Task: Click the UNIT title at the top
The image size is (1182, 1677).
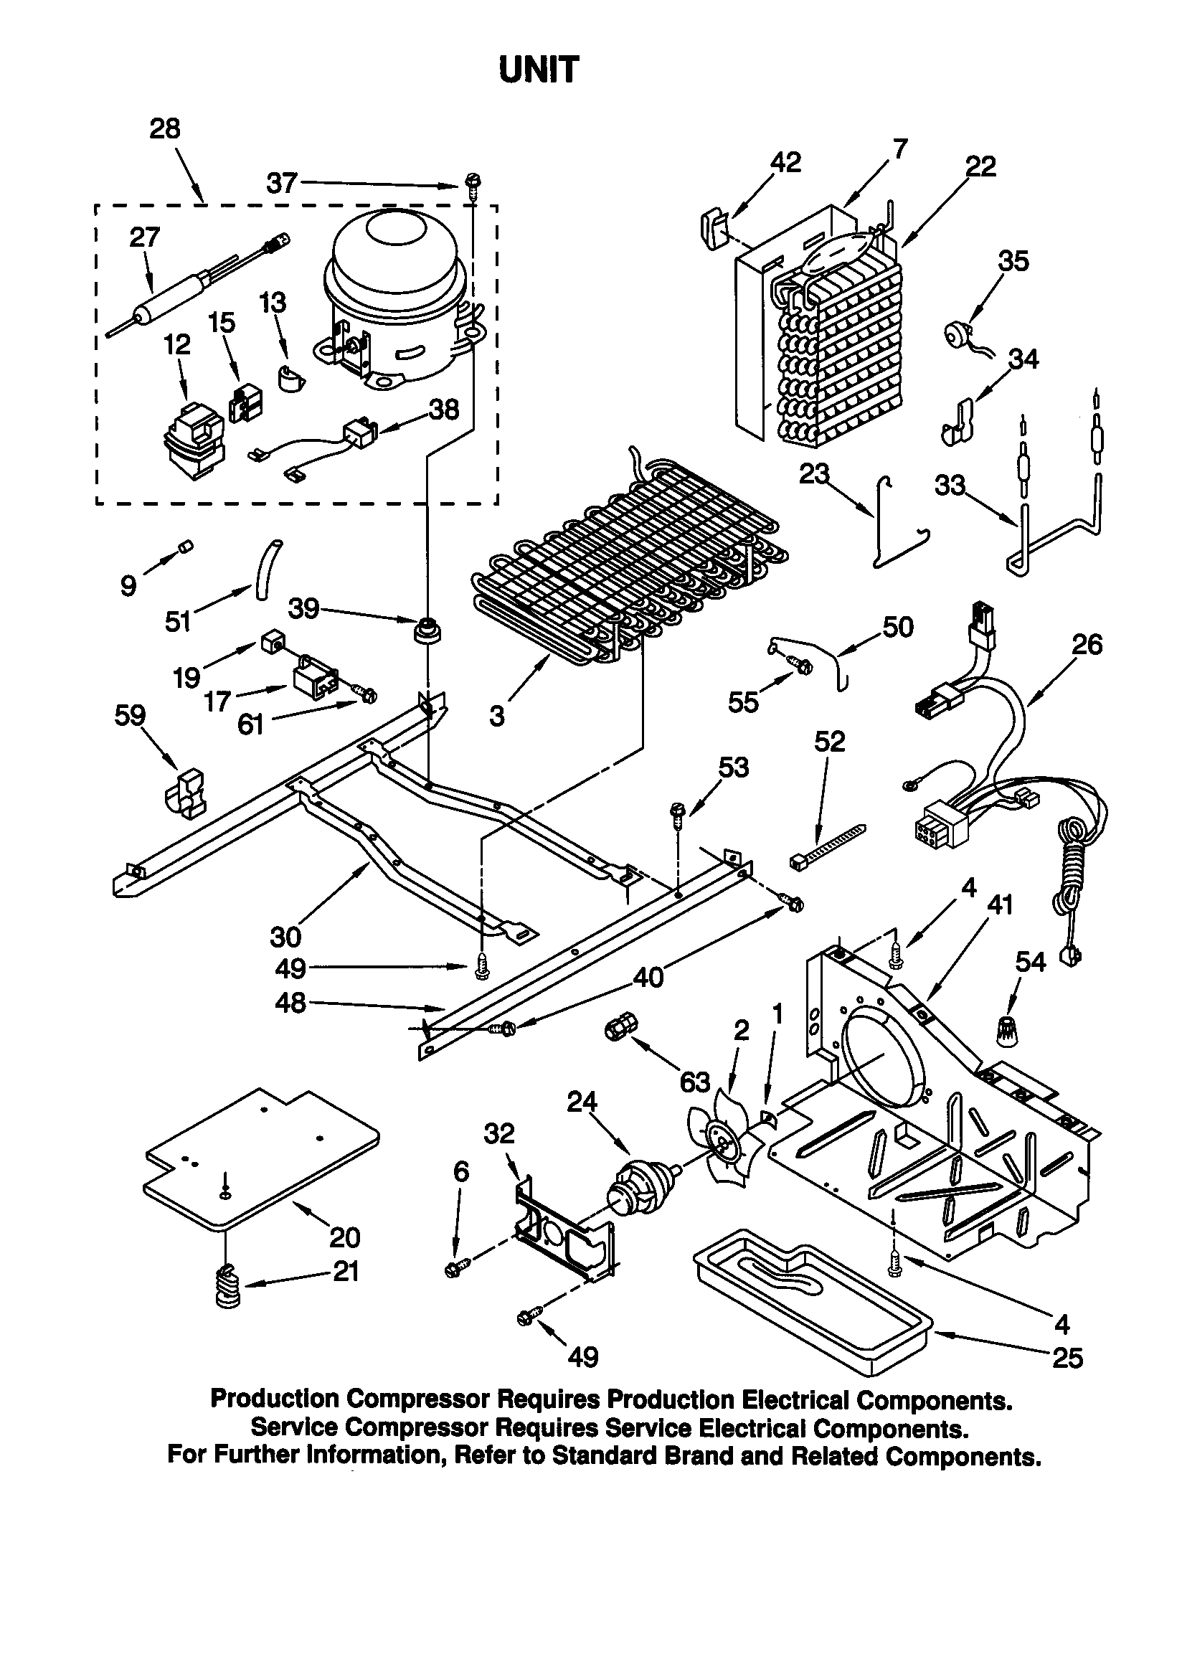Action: point(539,71)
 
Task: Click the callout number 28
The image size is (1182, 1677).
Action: point(164,129)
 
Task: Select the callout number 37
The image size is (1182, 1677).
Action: point(281,183)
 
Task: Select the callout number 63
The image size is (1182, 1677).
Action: point(695,1082)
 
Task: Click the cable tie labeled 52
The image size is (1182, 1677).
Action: point(829,845)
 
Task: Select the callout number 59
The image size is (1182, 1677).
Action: point(130,715)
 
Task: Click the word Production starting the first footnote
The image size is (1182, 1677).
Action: point(275,1399)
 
